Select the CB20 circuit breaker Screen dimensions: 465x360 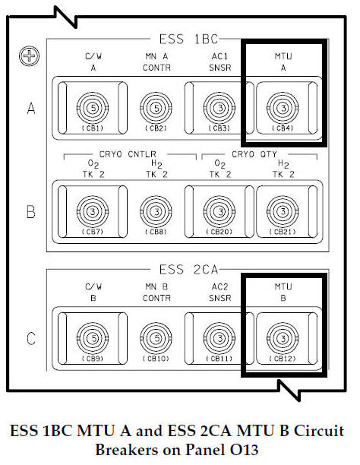tap(218, 210)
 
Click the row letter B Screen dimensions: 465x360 tap(30, 210)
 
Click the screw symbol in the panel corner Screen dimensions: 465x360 tap(30, 55)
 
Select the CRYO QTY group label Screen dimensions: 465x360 tap(250, 157)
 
